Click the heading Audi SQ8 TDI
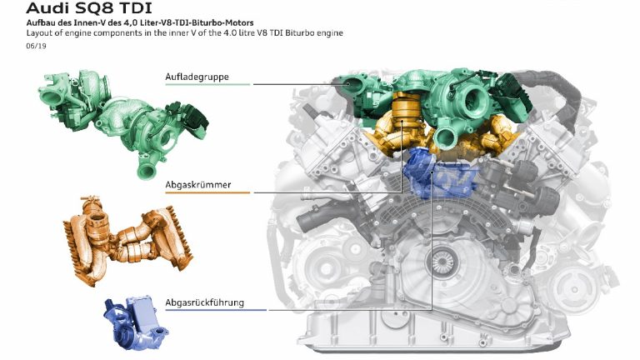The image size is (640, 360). [x=89, y=8]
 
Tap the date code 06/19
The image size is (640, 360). [x=36, y=46]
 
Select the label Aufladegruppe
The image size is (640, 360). [x=197, y=77]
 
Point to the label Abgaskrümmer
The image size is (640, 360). [x=198, y=184]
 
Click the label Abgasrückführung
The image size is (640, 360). [x=204, y=302]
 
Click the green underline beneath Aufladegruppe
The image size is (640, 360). [x=207, y=84]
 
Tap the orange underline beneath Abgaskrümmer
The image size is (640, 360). [x=207, y=192]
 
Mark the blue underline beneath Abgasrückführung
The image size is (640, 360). [x=216, y=310]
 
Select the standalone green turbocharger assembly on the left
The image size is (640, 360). [x=122, y=122]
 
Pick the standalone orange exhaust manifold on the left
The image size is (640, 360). [x=127, y=241]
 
